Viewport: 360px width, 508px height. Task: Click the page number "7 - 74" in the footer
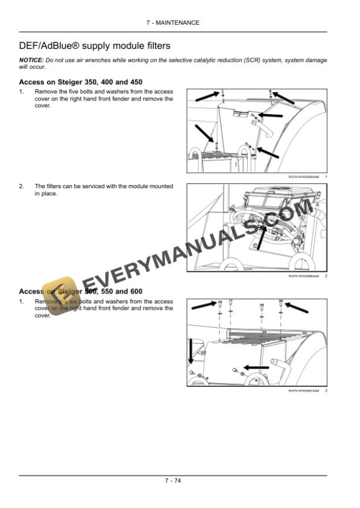(x=172, y=481)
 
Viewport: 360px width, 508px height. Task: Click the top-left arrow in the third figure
(x=205, y=305)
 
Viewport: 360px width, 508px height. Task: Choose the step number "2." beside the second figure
(x=22, y=186)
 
